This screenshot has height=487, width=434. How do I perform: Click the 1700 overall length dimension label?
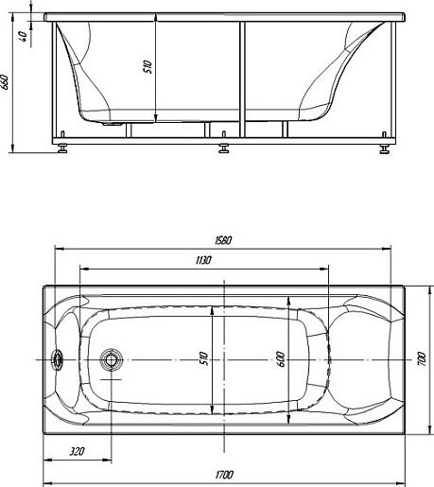(x=224, y=475)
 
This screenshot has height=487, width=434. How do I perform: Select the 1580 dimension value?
(x=223, y=240)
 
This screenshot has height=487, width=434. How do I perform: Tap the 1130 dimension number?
(x=203, y=260)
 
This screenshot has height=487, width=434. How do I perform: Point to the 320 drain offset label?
(x=77, y=451)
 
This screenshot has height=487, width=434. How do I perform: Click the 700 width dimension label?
(x=422, y=359)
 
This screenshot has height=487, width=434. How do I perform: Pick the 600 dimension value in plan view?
(x=282, y=359)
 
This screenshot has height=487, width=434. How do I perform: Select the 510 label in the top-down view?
(x=204, y=358)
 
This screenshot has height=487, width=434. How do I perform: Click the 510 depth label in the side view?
(x=148, y=67)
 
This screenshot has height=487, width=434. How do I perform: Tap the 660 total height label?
(x=5, y=82)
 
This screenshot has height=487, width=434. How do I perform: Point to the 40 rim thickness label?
(x=24, y=36)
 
